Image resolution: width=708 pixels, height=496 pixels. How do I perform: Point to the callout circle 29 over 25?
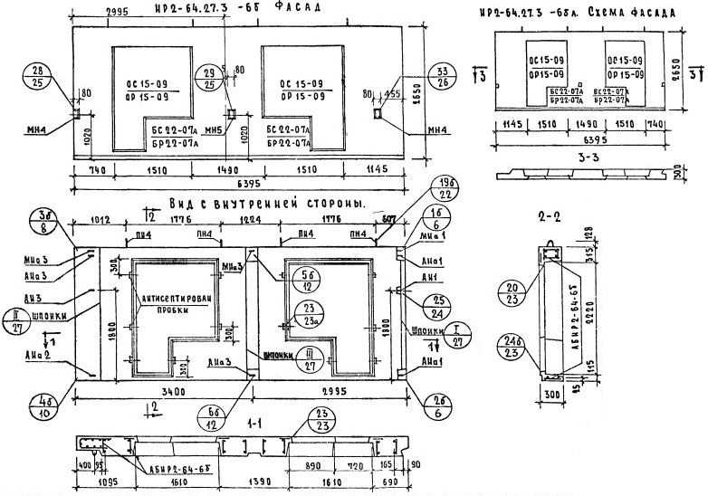[x=209, y=77]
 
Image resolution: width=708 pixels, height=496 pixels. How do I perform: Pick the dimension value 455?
[x=393, y=91]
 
